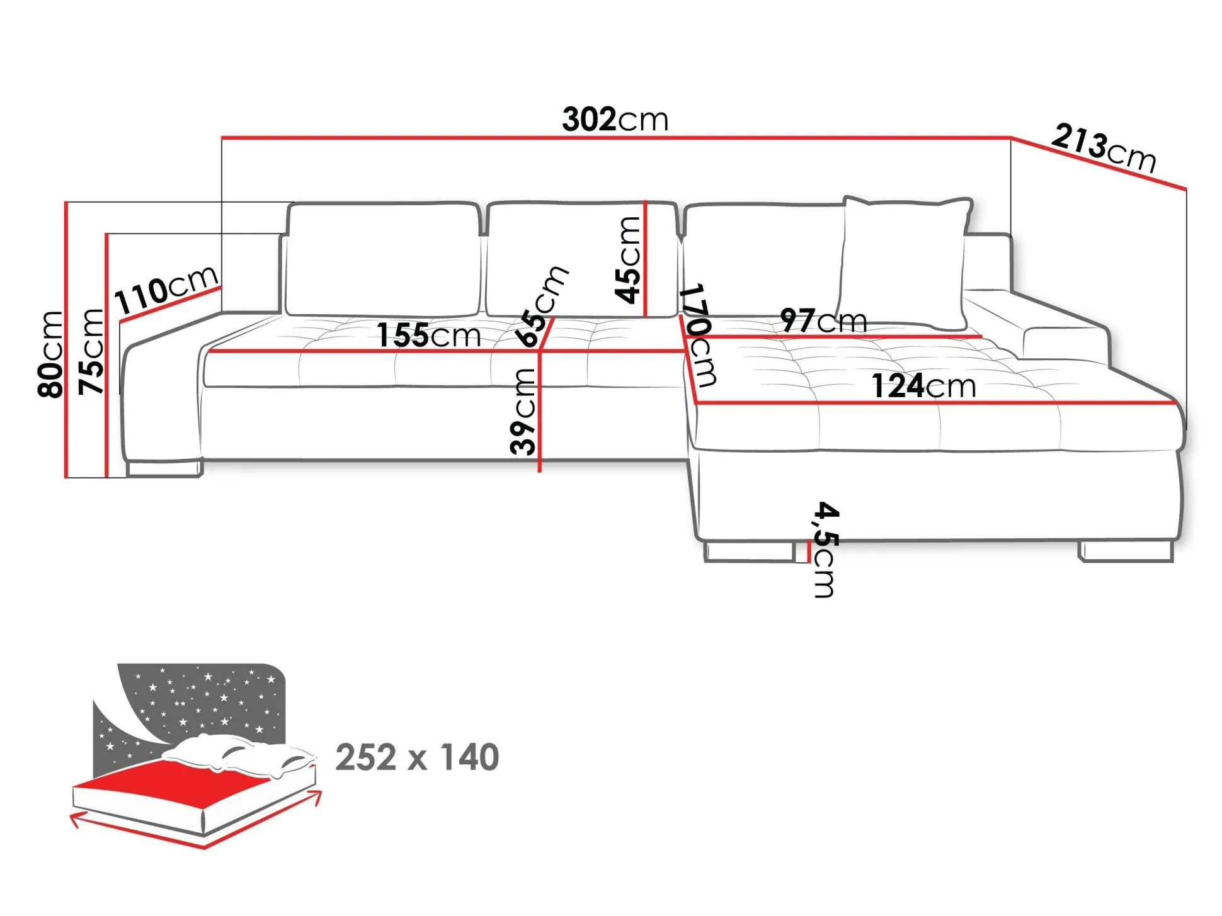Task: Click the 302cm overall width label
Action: click(615, 119)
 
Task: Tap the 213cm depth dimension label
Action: click(1104, 149)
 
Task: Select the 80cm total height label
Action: click(50, 354)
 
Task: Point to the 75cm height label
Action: click(91, 352)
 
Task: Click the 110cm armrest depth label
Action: click(166, 290)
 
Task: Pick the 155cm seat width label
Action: click(428, 335)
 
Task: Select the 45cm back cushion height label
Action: click(627, 260)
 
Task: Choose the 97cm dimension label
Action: click(823, 320)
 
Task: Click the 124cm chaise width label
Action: click(923, 386)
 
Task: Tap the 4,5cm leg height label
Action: click(825, 550)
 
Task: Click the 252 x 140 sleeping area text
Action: click(417, 757)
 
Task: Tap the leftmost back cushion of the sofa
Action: click(382, 259)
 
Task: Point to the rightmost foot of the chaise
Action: click(1126, 551)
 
